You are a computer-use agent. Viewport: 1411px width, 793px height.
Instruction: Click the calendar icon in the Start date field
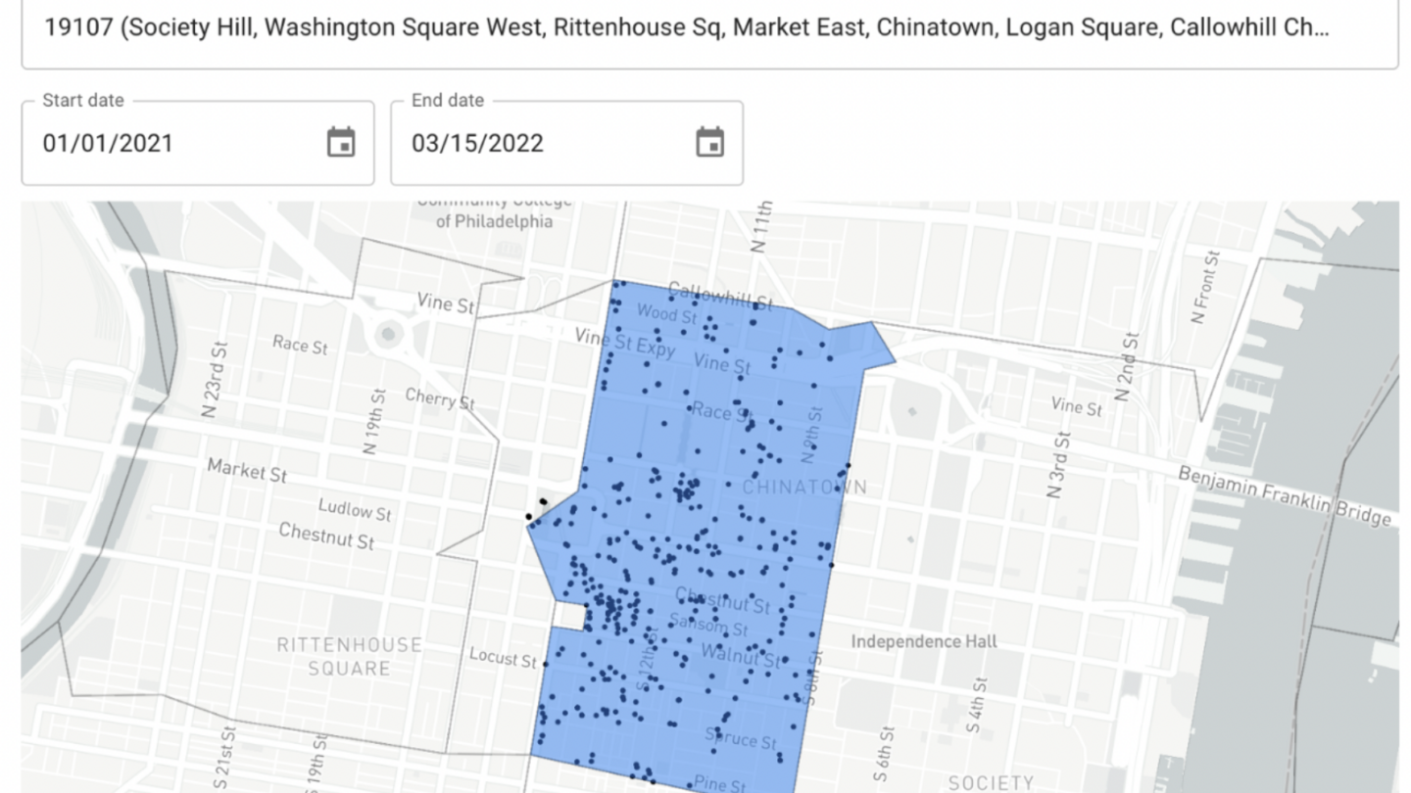340,143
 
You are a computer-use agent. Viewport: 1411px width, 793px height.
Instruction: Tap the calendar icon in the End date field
709,143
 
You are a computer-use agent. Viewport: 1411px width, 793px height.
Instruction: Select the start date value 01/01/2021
108,143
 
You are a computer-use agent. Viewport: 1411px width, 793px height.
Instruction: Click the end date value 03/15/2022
477,143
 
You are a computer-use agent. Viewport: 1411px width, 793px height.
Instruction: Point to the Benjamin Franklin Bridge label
1285,495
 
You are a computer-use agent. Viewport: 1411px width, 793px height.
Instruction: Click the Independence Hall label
923,641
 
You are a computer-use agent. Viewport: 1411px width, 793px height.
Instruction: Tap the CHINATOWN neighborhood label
804,487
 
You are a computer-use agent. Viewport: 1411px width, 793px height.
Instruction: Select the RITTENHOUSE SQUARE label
349,656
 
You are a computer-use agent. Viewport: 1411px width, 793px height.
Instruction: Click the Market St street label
247,470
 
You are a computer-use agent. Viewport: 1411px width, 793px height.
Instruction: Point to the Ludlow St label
354,510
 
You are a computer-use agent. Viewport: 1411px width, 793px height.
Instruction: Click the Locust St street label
503,657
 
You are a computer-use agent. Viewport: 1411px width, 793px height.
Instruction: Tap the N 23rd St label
215,379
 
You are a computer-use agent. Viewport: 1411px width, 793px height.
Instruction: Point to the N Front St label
1206,287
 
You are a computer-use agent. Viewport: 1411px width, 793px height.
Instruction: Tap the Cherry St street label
440,398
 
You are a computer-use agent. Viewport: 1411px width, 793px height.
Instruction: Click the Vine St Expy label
624,343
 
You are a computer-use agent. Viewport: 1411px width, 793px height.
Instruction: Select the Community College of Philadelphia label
494,211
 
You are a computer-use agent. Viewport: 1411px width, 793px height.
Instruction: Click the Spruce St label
742,737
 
